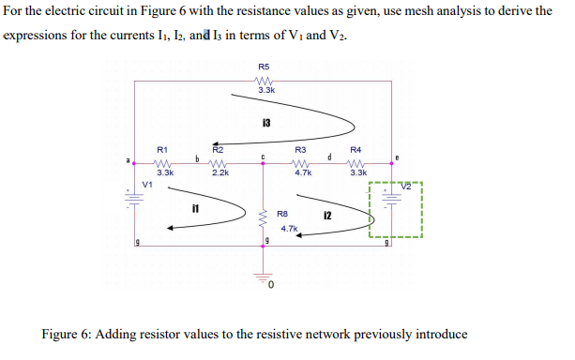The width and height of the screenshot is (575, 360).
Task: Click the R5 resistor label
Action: (264, 67)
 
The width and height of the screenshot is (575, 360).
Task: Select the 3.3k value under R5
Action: (265, 91)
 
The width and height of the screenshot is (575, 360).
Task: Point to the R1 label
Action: (162, 149)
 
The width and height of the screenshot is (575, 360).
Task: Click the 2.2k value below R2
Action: (219, 173)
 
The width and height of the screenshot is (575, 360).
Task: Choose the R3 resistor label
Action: (300, 150)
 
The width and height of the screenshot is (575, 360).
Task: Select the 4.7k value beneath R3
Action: (302, 173)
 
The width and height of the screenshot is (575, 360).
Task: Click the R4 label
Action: (356, 150)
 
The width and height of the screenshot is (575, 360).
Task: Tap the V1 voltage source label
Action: (147, 184)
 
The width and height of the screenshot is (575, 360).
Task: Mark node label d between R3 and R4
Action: (329, 156)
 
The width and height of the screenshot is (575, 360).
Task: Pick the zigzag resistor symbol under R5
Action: (265, 80)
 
